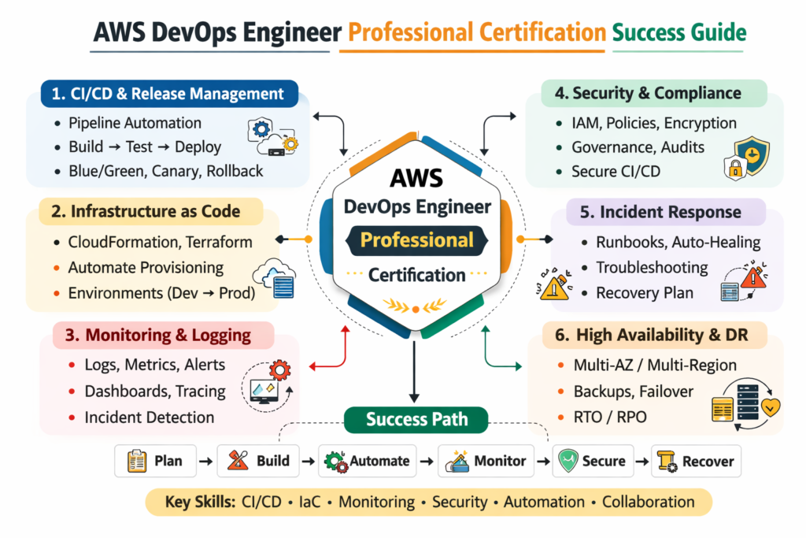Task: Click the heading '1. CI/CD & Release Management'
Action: click(x=168, y=95)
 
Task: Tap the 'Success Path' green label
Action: click(x=416, y=419)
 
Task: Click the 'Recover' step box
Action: click(x=696, y=462)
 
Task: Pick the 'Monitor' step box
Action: click(x=486, y=462)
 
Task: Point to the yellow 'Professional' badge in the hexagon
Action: click(x=417, y=239)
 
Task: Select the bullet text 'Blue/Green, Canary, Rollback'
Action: click(x=165, y=171)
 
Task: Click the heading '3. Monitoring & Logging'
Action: click(x=163, y=335)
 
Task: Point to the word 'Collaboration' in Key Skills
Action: click(x=649, y=502)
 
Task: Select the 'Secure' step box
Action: click(x=592, y=462)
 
